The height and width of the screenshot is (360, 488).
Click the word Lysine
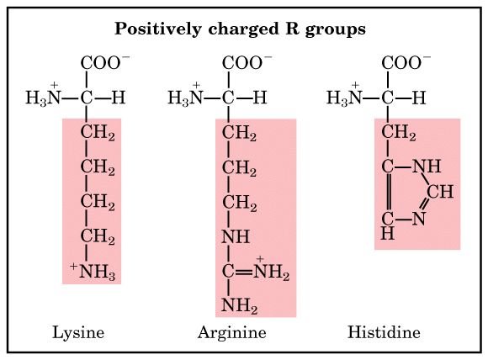point(78,333)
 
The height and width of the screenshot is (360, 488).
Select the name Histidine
point(384,332)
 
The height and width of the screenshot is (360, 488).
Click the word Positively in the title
point(158,29)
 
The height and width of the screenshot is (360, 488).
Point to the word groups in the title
point(335,30)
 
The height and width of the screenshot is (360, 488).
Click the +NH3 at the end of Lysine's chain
point(93,272)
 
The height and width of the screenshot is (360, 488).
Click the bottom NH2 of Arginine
point(239,305)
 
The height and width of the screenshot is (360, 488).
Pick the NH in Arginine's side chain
point(236,237)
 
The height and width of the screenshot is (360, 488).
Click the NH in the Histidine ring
point(427,167)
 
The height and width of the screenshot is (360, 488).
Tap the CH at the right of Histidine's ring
point(440,192)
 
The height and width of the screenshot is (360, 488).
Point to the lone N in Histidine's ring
point(419,219)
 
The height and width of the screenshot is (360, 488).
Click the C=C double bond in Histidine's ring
point(388,193)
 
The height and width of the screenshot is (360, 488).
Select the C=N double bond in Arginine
point(244,273)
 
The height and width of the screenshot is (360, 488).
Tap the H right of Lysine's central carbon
point(119,98)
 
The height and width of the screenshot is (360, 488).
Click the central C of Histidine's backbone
point(388,98)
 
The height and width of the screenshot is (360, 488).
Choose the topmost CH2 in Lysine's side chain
point(98,133)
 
